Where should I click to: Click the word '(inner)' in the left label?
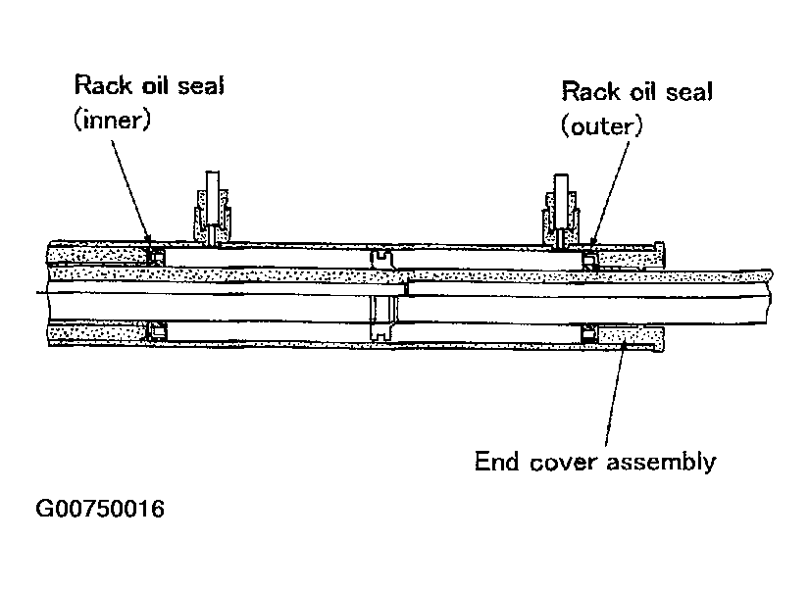110,119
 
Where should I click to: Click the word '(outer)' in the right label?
601,124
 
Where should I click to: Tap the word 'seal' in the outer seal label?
683,92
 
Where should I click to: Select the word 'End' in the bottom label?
494,460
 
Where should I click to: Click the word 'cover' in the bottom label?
560,460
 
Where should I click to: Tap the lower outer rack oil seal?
587,336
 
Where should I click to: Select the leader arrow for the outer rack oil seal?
605,191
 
